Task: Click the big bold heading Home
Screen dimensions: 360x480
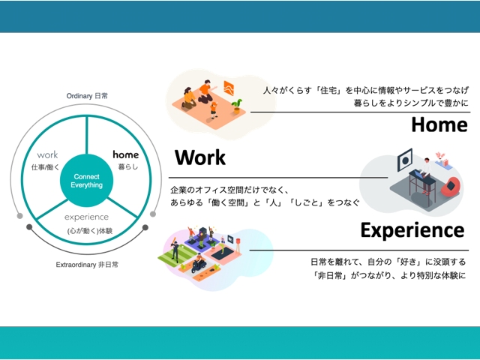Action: pyautogui.click(x=439, y=124)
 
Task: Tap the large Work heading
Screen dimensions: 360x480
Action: pyautogui.click(x=199, y=158)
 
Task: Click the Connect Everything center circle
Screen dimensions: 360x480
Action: pyautogui.click(x=87, y=181)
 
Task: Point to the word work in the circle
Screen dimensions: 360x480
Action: pyautogui.click(x=47, y=154)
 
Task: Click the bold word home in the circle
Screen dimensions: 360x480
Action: pyautogui.click(x=125, y=154)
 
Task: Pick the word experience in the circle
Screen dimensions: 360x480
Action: pyautogui.click(x=87, y=217)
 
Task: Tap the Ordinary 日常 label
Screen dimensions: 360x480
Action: pyautogui.click(x=87, y=96)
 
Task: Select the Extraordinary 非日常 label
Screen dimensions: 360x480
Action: pyautogui.click(x=87, y=265)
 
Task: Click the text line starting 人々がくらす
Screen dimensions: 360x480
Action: pyautogui.click(x=364, y=91)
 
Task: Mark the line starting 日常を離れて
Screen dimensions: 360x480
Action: pyautogui.click(x=387, y=262)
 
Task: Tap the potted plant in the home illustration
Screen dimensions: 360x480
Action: pyautogui.click(x=237, y=105)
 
